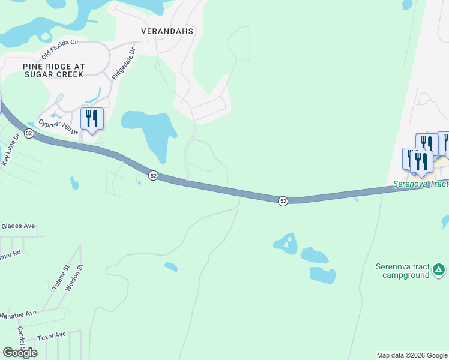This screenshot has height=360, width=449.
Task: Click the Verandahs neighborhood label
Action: pyautogui.click(x=167, y=31)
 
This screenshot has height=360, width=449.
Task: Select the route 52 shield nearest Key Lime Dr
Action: pyautogui.click(x=29, y=132)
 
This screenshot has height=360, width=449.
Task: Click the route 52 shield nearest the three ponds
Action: pyautogui.click(x=283, y=201)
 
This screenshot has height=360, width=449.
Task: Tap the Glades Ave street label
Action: pyautogui.click(x=18, y=226)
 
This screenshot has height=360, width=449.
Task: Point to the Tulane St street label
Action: pyautogui.click(x=61, y=278)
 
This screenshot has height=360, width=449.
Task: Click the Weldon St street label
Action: pyautogui.click(x=75, y=278)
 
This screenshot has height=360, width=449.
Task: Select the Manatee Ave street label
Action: pyautogui.click(x=18, y=313)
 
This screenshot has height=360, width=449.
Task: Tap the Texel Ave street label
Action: pyautogui.click(x=51, y=335)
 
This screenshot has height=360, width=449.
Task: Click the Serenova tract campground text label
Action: pyautogui.click(x=402, y=271)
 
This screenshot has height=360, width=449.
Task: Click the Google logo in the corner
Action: pyautogui.click(x=20, y=353)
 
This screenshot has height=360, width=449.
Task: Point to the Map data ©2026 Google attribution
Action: pyautogui.click(x=412, y=355)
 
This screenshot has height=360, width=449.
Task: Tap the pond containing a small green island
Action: pyautogui.click(x=286, y=242)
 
